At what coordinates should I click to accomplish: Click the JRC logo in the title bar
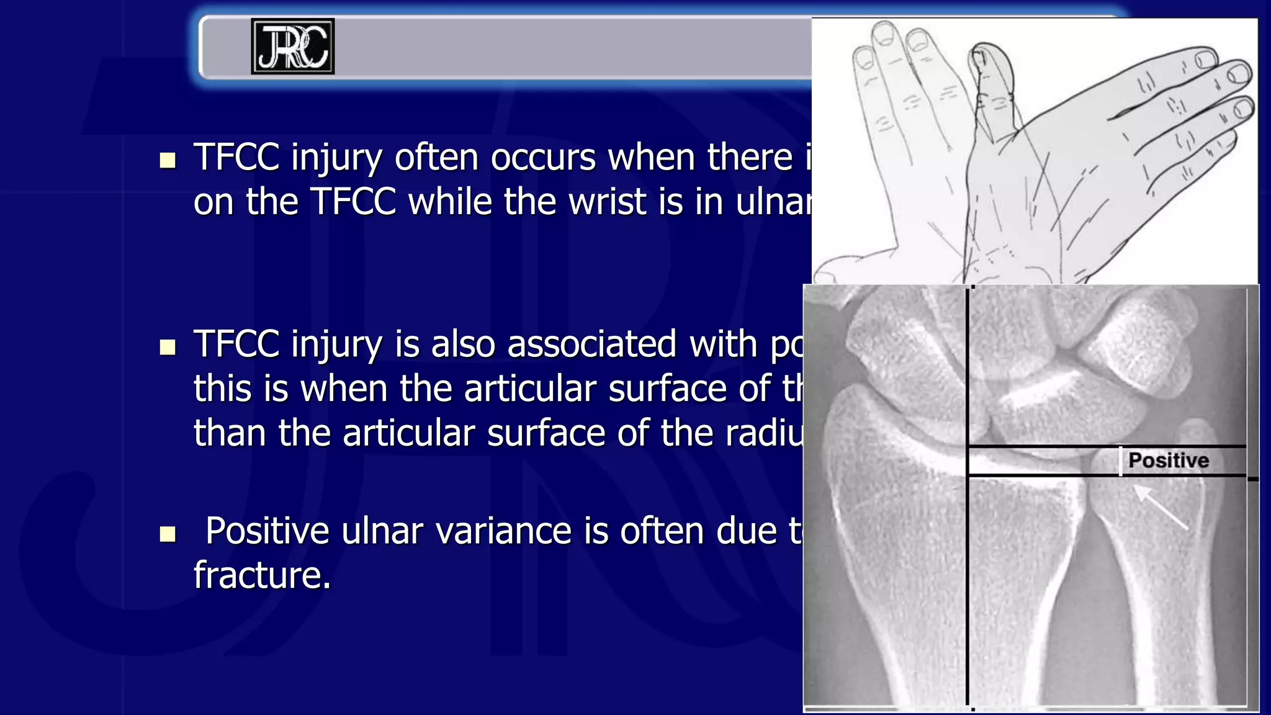(x=292, y=47)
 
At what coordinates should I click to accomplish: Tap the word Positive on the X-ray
(x=1168, y=461)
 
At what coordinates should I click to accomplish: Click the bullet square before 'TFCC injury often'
(x=168, y=161)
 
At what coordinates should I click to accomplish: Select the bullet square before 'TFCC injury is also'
(x=168, y=347)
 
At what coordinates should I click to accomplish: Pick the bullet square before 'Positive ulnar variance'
(x=168, y=534)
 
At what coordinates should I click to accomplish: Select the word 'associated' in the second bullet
(x=591, y=344)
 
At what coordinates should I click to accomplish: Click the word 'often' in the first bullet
(x=438, y=157)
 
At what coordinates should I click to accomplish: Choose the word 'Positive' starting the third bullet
(x=267, y=531)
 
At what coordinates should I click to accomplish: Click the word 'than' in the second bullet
(x=230, y=433)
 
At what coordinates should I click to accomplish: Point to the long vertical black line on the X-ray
(x=968, y=559)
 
